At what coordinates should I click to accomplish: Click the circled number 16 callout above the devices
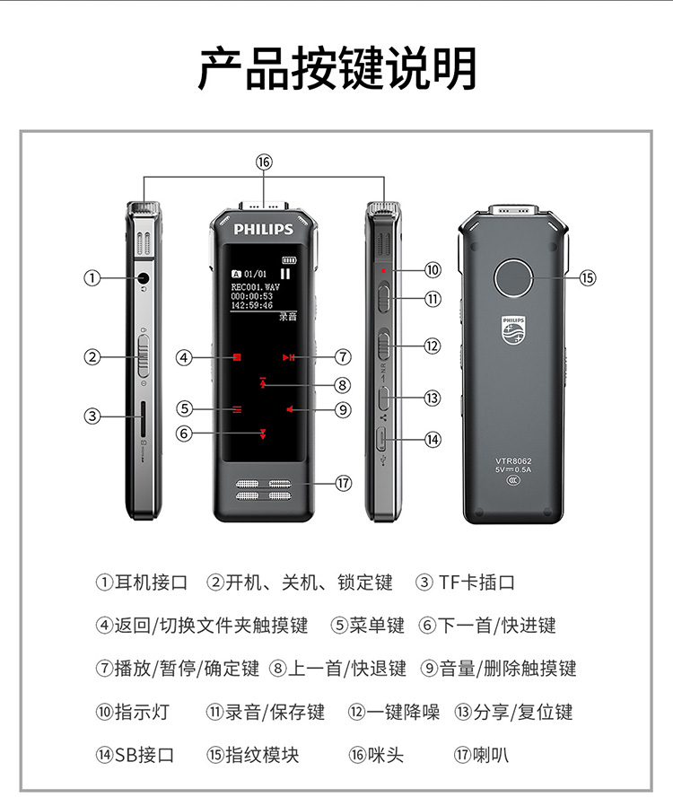click(x=264, y=162)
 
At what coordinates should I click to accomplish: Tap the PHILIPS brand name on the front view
click(x=264, y=229)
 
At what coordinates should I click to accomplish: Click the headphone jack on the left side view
click(x=144, y=278)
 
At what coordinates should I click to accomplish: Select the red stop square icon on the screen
click(x=237, y=357)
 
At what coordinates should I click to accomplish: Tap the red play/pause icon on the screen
click(x=288, y=357)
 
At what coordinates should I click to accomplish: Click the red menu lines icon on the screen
click(x=237, y=409)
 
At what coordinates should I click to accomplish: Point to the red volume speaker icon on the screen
click(x=290, y=409)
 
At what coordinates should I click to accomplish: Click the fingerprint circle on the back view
click(x=513, y=278)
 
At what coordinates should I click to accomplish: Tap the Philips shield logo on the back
click(x=513, y=331)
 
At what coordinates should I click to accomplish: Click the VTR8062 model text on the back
click(x=513, y=461)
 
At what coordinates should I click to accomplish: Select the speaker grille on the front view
click(x=264, y=490)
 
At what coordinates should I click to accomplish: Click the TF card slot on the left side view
click(x=144, y=418)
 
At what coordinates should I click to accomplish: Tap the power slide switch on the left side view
click(x=144, y=356)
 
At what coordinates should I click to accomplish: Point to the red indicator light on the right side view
click(x=383, y=270)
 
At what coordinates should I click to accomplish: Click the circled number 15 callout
click(x=588, y=278)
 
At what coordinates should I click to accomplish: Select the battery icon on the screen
click(x=289, y=260)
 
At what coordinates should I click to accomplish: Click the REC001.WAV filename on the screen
click(x=256, y=287)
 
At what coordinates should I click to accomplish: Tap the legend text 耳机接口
click(x=151, y=583)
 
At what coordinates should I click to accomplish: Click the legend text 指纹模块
click(x=262, y=755)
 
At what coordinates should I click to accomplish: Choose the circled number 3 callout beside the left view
click(x=92, y=416)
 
